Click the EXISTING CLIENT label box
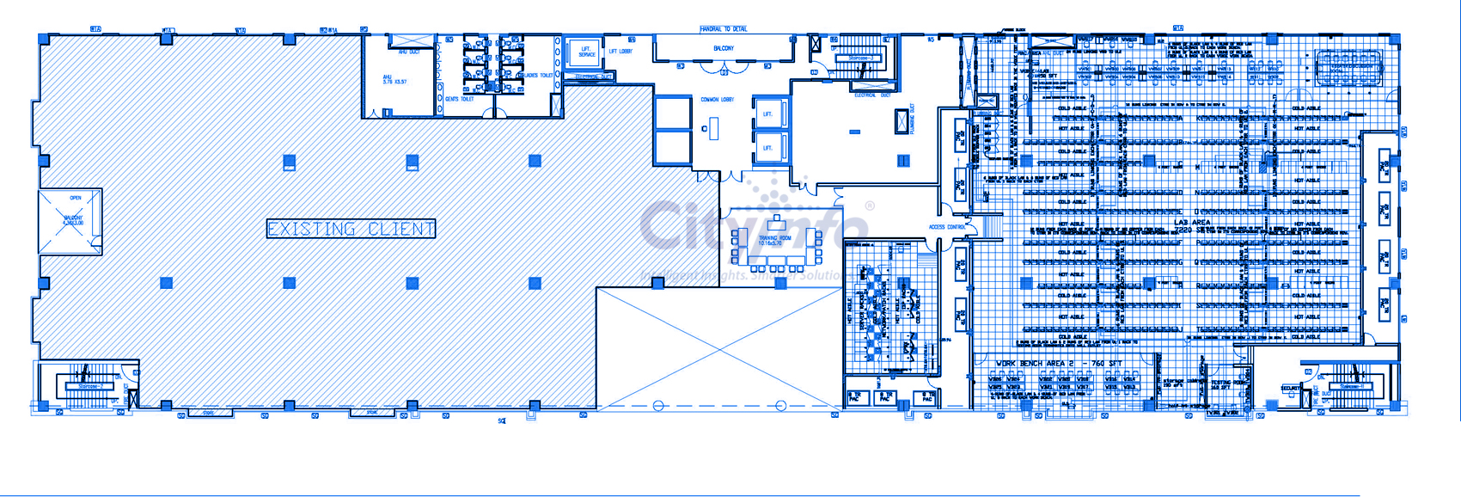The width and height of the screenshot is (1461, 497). tap(351, 229)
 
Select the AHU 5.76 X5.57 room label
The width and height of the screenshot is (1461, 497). tap(394, 80)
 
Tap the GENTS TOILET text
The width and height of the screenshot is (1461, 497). tap(459, 99)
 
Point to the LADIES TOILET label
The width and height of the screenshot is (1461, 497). tap(538, 76)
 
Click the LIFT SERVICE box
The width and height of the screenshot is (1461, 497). tap(586, 52)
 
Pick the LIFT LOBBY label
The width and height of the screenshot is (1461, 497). tap(620, 52)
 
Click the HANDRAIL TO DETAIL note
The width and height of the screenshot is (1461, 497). tap(723, 29)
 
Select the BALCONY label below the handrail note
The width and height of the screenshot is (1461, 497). tap(724, 49)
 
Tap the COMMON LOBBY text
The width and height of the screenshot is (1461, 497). tap(717, 100)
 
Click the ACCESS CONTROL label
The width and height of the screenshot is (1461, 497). tap(947, 227)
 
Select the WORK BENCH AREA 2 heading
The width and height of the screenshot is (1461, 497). tap(1059, 364)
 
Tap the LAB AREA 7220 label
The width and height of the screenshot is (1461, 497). tap(1192, 226)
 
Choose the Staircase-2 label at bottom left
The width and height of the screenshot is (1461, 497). tap(90, 387)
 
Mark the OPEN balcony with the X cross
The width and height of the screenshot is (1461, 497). tap(70, 221)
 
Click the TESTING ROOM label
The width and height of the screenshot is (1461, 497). tap(1220, 384)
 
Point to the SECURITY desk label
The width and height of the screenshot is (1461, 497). tap(1290, 389)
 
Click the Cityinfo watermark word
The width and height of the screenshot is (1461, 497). tap(753, 225)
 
